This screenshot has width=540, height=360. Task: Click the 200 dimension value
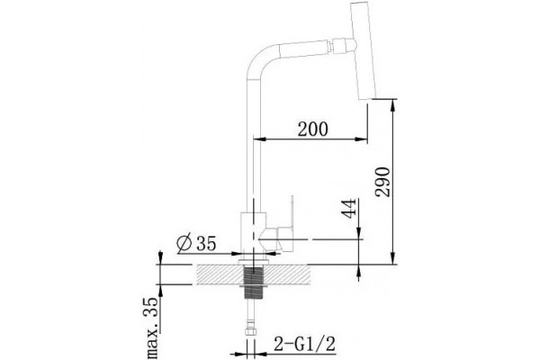(312, 130)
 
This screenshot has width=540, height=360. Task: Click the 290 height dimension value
(383, 182)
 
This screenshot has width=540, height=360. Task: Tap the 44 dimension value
(348, 209)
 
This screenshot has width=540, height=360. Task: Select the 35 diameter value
(206, 244)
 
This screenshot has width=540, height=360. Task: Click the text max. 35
(153, 328)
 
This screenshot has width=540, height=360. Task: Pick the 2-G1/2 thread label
(304, 344)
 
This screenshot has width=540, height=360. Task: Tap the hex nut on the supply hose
(251, 331)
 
